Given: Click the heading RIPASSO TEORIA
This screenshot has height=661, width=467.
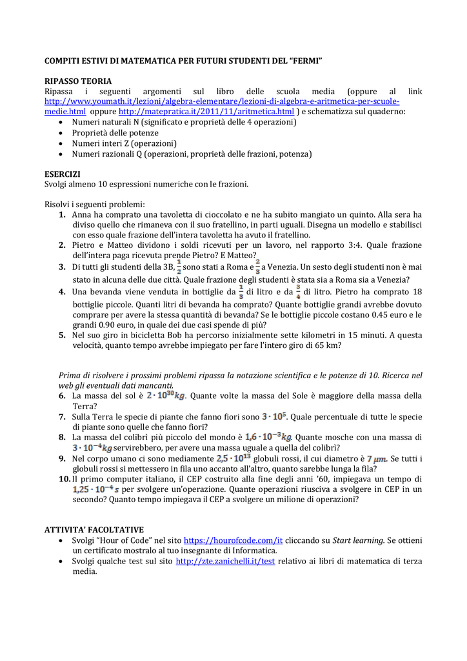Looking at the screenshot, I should point(77,81).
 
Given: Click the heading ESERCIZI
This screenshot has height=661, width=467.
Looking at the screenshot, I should point(62,174).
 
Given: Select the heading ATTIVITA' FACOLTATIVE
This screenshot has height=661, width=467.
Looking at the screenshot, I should point(94,529).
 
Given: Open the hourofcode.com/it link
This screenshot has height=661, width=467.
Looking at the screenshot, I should point(234,540).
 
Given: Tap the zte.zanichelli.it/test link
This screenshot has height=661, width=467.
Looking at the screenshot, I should point(225,562).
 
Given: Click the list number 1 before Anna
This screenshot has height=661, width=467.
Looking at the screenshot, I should point(62,214).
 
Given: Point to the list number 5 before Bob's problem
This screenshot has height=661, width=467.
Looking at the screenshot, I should point(62,335).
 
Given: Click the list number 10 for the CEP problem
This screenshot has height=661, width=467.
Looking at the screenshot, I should point(65,479).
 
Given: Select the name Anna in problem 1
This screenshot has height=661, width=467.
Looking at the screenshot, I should point(82,214).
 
